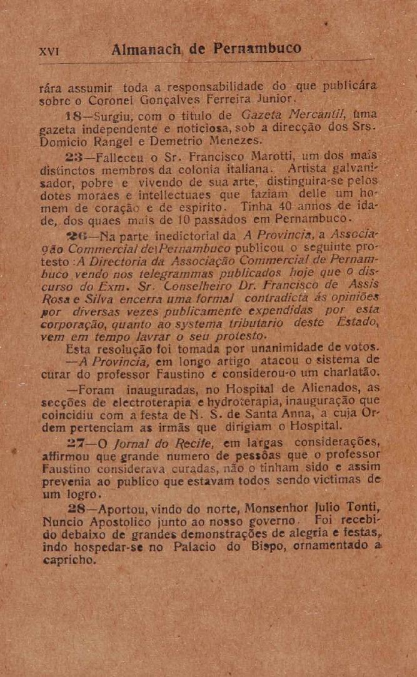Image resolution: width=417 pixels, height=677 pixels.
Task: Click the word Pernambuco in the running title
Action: click(257, 49)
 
